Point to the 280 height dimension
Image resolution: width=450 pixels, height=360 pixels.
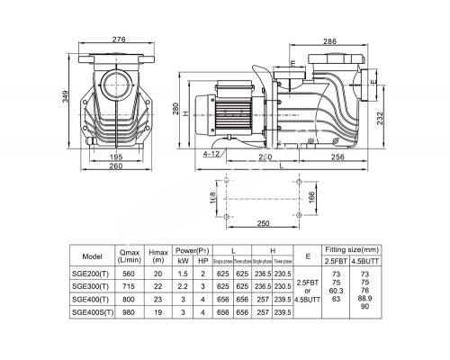(x=178, y=109)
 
